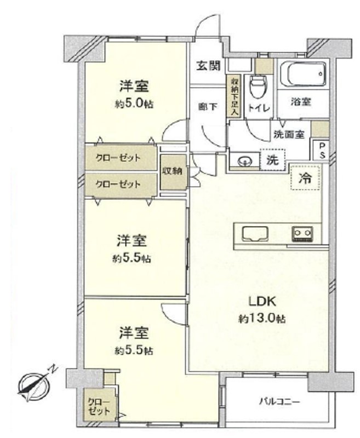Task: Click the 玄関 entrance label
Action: (x=208, y=66)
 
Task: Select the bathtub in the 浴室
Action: (x=303, y=74)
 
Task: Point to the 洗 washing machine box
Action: (x=273, y=160)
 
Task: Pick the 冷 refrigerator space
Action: (x=305, y=177)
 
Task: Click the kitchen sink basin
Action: (x=255, y=233)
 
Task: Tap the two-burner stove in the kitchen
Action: (x=302, y=234)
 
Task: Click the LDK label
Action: (x=262, y=302)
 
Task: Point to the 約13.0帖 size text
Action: (x=262, y=319)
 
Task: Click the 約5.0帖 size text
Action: (x=134, y=104)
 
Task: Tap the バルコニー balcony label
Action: (x=279, y=402)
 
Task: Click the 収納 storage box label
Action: (x=173, y=171)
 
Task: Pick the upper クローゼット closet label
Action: (x=118, y=158)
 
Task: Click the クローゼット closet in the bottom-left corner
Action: (x=99, y=406)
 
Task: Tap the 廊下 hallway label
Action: (x=208, y=107)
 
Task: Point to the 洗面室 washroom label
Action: (x=289, y=135)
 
